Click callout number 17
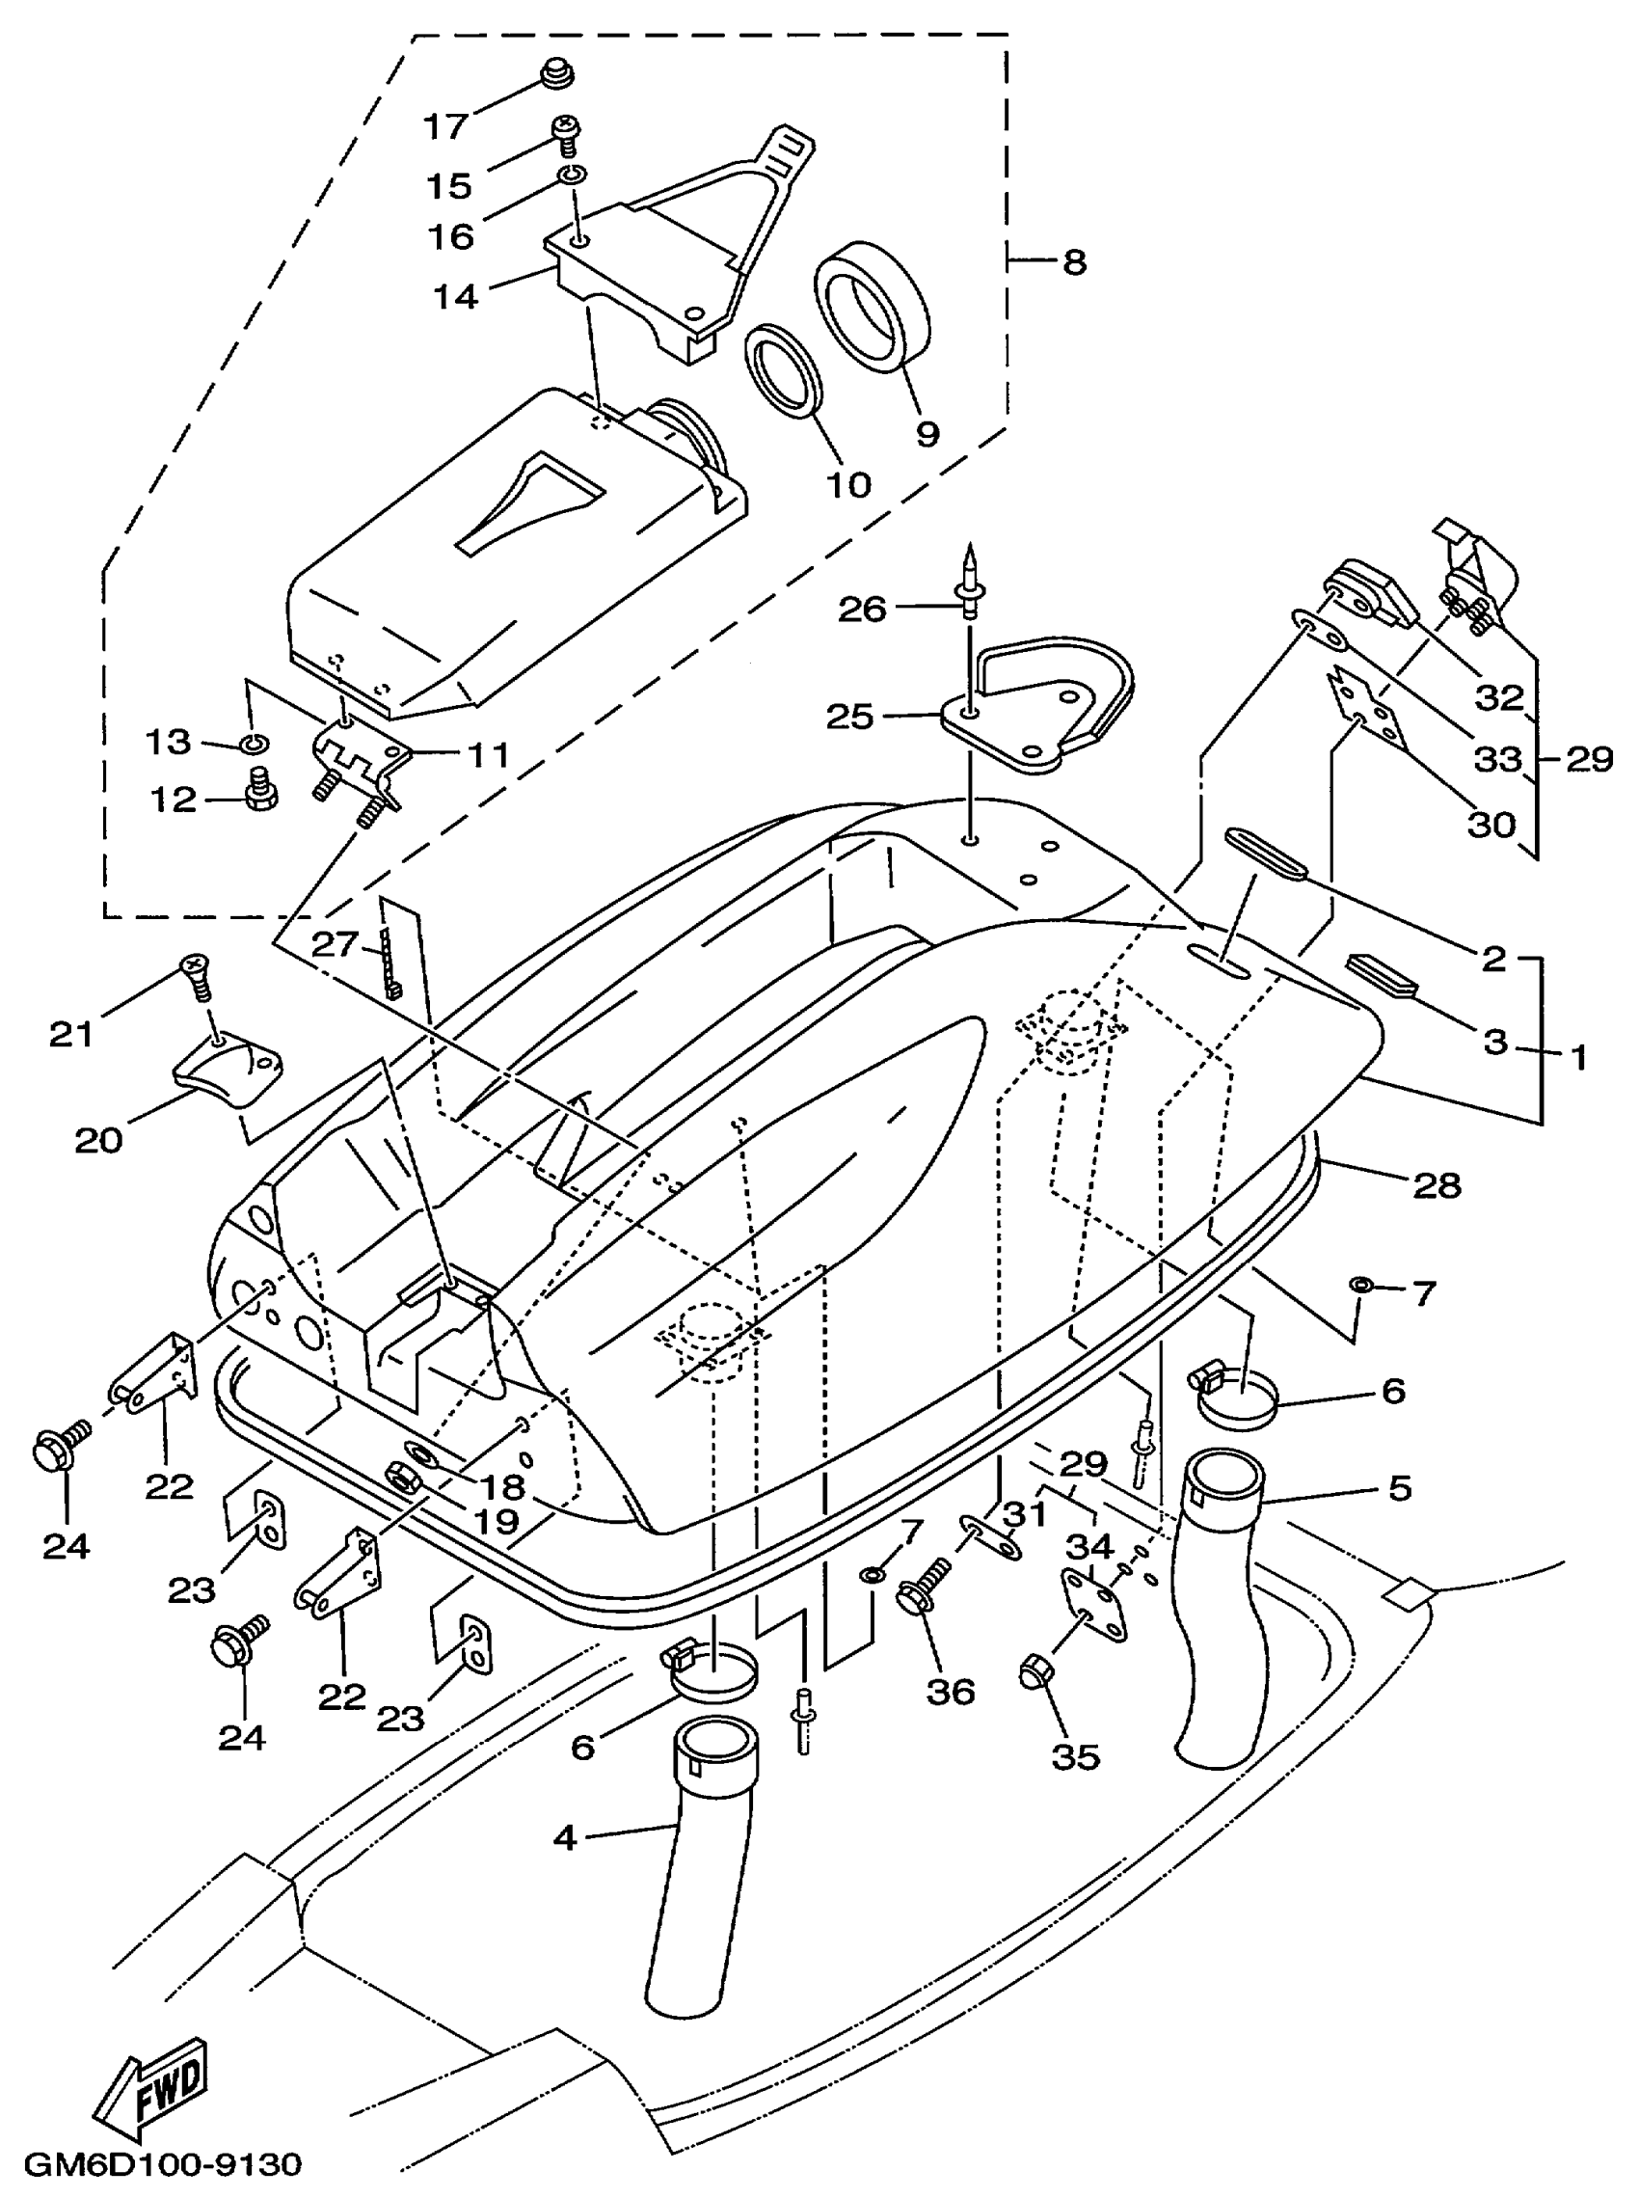tap(445, 127)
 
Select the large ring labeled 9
tap(873, 306)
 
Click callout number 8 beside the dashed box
tap(1074, 263)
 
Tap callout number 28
tap(1437, 1184)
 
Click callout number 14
tap(455, 296)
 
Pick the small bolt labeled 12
tap(262, 791)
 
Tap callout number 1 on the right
tap(1578, 1057)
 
